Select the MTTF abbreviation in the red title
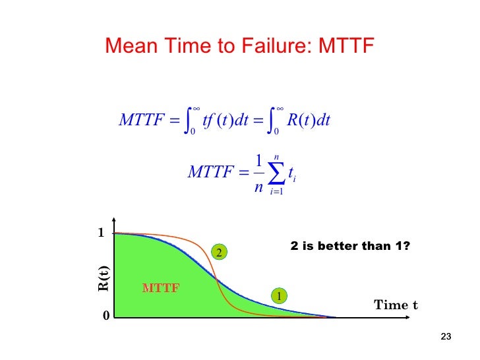coord(346,45)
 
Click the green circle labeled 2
coord(218,252)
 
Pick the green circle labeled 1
coord(279,297)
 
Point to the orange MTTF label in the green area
coord(161,287)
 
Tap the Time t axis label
coord(396,305)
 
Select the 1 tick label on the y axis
coord(102,233)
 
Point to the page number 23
coord(445,338)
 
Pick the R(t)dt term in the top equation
coord(309,121)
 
